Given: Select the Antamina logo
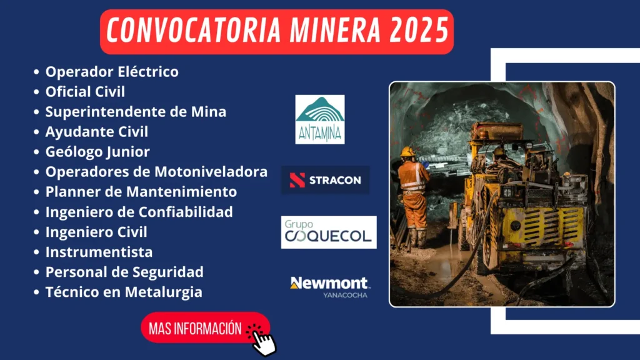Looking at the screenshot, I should coord(320,119).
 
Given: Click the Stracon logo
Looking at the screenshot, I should coord(325,180).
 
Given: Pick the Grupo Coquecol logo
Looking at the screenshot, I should coord(328,232).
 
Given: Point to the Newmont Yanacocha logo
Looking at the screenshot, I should coord(329,286).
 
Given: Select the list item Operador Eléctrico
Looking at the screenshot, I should coord(112,72).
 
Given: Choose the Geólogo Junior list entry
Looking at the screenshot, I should coord(97,152).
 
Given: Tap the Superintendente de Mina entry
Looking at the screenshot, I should coord(136,112).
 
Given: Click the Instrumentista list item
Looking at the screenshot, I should coord(99,252).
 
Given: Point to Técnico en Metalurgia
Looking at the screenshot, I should coord(123,292).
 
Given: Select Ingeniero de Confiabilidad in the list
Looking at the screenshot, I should coord(139,212).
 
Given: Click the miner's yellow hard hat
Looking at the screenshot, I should coord(408,152).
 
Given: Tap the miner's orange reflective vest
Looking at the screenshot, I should coord(411,177).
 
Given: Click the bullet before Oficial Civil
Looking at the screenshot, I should coord(36,92).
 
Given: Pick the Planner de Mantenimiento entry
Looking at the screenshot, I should coord(141,192).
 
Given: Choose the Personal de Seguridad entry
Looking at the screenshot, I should coord(124,272).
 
